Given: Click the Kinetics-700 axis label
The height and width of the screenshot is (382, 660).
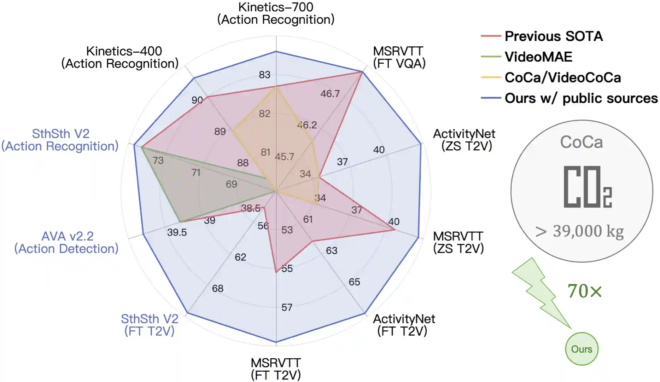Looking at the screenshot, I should (276, 13).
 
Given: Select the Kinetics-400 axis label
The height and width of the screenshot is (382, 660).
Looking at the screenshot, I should (120, 57).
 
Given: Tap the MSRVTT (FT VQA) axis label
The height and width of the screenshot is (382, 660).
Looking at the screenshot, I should (399, 57).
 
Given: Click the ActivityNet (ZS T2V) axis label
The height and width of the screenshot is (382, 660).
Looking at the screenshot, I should (464, 140).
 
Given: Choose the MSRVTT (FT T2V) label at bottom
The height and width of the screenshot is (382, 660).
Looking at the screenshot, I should (276, 369).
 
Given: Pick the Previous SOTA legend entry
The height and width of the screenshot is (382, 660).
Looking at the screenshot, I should (553, 36).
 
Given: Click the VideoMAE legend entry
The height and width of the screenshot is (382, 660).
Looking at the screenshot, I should (538, 57).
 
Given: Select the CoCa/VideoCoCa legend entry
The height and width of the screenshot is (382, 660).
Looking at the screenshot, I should (562, 78).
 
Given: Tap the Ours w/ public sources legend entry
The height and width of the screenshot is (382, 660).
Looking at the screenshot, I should (581, 98).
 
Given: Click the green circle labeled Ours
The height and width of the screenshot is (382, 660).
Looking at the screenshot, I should (582, 349).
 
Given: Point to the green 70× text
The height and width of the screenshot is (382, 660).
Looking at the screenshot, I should (585, 291).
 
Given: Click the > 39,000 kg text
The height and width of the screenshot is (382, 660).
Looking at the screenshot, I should (579, 231).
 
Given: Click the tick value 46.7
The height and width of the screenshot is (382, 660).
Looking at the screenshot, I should (330, 94).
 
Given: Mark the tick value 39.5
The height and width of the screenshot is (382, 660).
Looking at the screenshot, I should (177, 232).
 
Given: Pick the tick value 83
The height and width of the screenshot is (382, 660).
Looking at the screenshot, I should (264, 75).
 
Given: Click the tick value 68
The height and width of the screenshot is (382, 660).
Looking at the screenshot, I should (218, 289).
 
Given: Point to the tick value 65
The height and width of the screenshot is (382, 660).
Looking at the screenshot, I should (354, 282).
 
